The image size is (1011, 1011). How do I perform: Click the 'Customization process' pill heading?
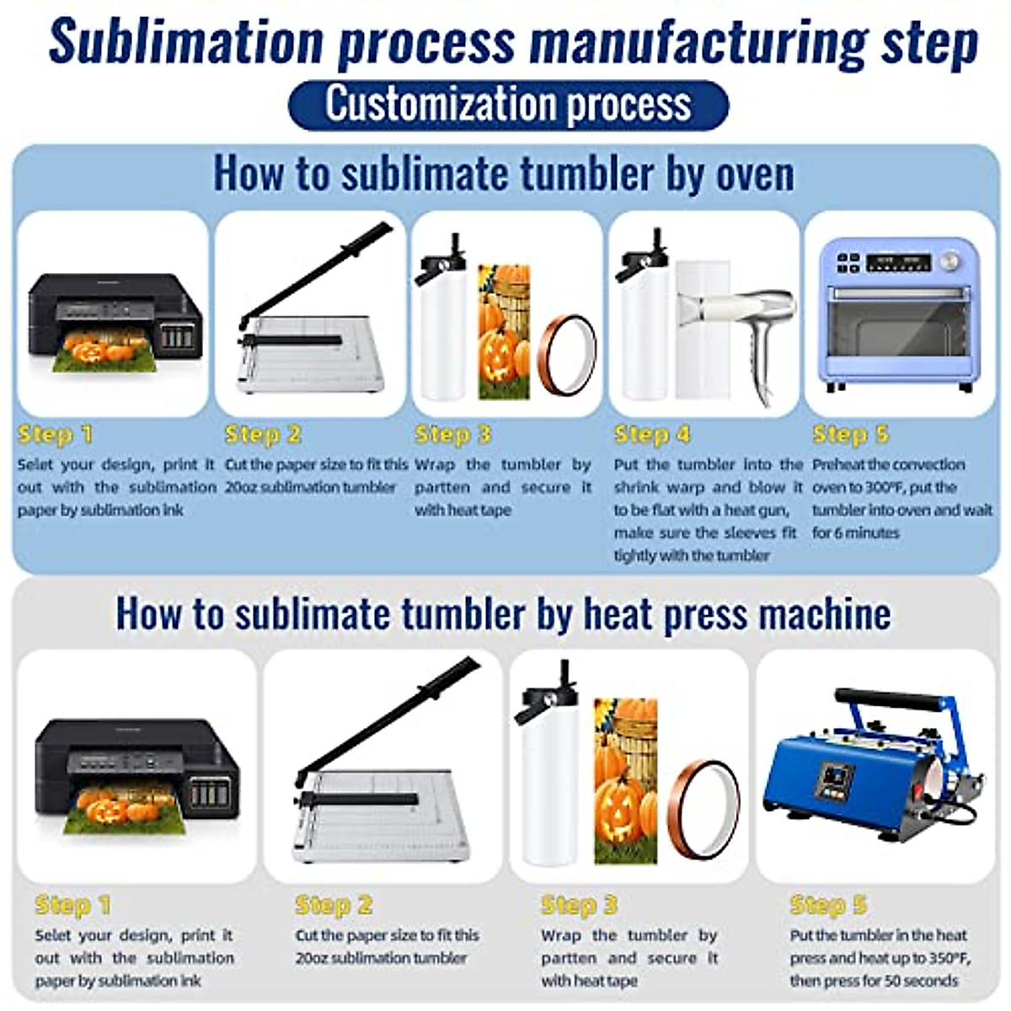[x=508, y=104]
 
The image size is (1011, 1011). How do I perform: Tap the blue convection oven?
[x=900, y=315]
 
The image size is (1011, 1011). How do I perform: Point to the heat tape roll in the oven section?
[x=569, y=355]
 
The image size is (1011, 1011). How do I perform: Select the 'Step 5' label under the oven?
[x=850, y=435]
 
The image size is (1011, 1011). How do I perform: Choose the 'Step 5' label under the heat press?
[x=827, y=906]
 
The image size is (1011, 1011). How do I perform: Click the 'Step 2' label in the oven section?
[x=263, y=435]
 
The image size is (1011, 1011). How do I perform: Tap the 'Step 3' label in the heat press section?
[x=579, y=906]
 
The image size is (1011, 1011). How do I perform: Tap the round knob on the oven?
[x=950, y=260]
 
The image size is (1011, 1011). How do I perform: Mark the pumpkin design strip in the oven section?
[x=504, y=333]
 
